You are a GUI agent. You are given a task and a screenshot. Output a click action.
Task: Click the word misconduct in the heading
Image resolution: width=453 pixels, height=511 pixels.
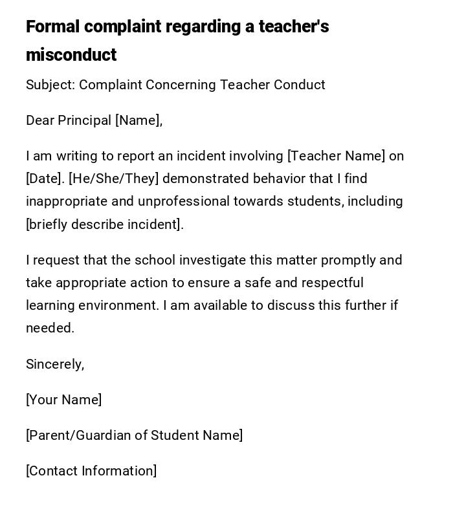coord(71,55)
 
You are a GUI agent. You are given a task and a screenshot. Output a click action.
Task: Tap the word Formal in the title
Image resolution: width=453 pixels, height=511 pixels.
coord(52,27)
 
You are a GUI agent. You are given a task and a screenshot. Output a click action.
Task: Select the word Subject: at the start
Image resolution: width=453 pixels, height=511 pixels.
coord(50,85)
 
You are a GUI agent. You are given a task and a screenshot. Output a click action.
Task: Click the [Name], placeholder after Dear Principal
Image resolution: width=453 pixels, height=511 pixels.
coord(138,120)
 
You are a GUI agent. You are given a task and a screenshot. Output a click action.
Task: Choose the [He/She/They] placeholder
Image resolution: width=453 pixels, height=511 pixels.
coord(113,179)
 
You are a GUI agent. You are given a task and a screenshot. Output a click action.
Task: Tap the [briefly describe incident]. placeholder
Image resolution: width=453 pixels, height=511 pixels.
coord(105,224)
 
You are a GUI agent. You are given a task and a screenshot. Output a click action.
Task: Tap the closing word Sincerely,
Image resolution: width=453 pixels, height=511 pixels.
coord(55,364)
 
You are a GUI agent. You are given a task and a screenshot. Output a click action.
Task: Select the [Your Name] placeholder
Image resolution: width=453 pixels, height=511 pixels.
coord(63,400)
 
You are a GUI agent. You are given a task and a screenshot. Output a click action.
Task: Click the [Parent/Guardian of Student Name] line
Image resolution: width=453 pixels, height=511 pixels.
coord(134,435)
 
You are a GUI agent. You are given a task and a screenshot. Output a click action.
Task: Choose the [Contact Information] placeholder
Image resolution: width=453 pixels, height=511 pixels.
coord(91,471)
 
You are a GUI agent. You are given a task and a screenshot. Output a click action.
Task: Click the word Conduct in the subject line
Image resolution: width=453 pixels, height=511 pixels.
coord(299,85)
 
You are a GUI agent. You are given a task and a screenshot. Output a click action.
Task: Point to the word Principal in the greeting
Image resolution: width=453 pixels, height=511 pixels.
coord(84,120)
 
